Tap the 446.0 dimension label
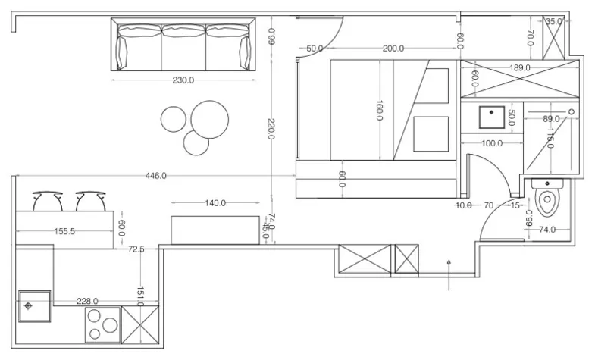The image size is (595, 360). tap(156, 176)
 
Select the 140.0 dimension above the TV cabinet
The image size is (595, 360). tap(215, 203)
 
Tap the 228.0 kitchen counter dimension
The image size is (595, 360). tap(89, 301)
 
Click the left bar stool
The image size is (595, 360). tap(47, 202)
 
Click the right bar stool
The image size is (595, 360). tap(89, 202)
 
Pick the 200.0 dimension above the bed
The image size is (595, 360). tap(393, 49)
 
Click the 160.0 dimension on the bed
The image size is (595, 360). tap(379, 111)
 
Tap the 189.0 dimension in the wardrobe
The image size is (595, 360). tap(519, 68)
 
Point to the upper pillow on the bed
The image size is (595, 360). tap(438, 82)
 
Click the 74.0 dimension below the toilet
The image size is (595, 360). tap(546, 229)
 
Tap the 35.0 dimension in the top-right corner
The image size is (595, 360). tap(554, 22)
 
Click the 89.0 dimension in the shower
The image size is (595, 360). tap(551, 119)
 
